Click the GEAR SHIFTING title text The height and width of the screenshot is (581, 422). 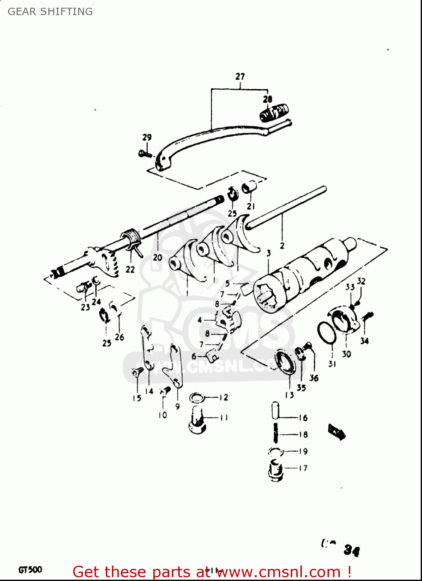(x=50, y=12)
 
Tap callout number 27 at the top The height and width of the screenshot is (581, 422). (x=240, y=76)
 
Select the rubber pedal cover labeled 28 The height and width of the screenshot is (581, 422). (x=274, y=113)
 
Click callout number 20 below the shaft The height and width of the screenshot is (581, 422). (x=157, y=257)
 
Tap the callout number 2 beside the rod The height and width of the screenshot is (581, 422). (x=282, y=246)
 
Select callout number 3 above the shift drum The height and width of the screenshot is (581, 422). (x=269, y=253)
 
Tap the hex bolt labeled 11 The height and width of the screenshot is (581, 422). (x=197, y=421)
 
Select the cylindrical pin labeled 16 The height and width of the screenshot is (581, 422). (x=275, y=410)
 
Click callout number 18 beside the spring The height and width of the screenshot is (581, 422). (x=303, y=435)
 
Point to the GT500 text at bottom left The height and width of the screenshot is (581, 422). (x=30, y=570)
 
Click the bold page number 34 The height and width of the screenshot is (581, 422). (x=352, y=550)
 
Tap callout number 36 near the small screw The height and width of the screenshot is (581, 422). (x=314, y=378)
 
